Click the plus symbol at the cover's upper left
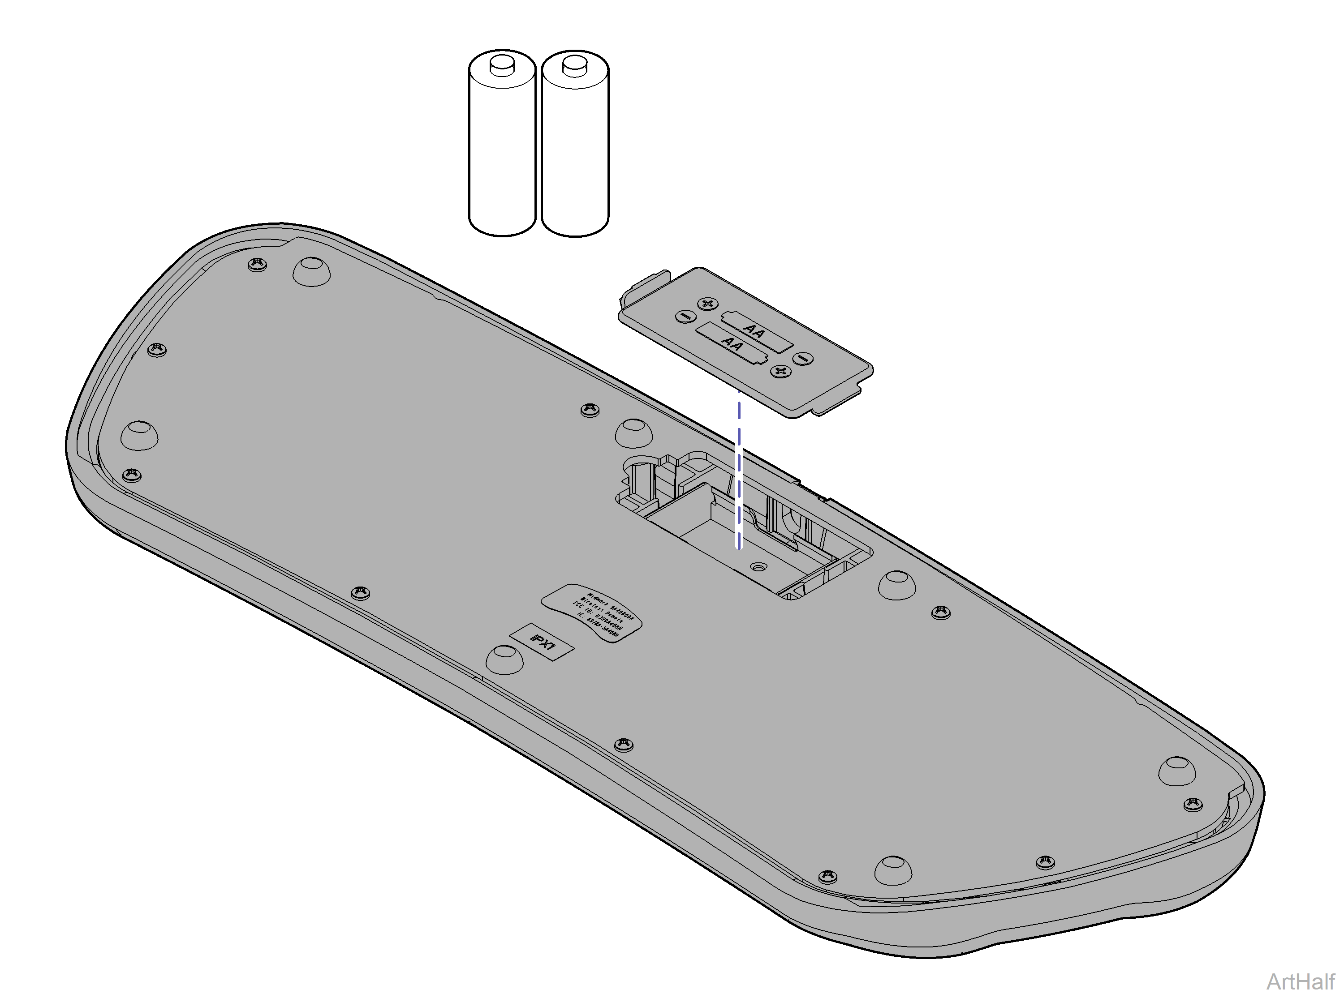tap(708, 303)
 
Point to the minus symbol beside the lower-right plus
tap(803, 359)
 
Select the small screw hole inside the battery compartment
tap(759, 567)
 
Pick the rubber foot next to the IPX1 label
tap(504, 659)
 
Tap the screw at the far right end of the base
tap(1192, 804)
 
